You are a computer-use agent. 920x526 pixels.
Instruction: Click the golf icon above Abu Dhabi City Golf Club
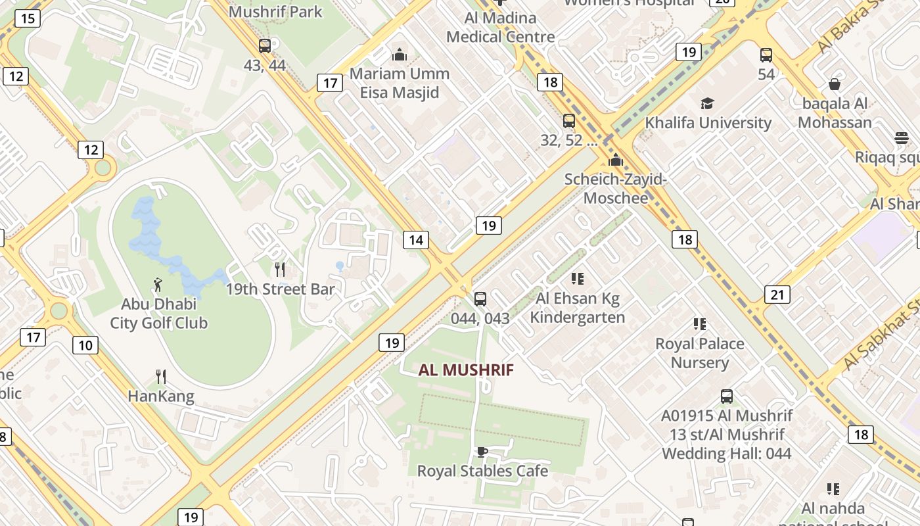[x=157, y=285]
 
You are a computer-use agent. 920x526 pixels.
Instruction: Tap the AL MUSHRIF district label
[x=466, y=370]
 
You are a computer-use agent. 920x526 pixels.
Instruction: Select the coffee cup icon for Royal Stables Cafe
[x=482, y=452]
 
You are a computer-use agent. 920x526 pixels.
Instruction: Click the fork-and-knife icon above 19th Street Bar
[x=280, y=269]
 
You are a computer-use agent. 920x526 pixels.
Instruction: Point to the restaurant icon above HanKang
[x=161, y=376]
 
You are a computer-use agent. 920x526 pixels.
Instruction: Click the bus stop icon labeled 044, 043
[x=480, y=299]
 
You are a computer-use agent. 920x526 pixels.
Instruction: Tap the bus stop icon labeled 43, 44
[x=265, y=46]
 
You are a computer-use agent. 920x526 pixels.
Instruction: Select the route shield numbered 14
[x=416, y=240]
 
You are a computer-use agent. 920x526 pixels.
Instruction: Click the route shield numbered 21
[x=777, y=294]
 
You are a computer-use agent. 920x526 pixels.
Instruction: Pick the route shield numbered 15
[x=28, y=18]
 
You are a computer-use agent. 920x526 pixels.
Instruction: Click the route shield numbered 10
[x=85, y=345]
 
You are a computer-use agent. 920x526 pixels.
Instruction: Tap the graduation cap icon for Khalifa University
[x=707, y=103]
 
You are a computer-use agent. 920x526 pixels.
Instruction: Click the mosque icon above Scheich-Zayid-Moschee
[x=616, y=160]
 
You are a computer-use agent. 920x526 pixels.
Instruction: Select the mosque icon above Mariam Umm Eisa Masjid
[x=399, y=54]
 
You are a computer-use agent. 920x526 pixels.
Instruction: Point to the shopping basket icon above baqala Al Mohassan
[x=834, y=84]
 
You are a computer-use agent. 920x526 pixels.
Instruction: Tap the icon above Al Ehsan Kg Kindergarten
[x=577, y=279]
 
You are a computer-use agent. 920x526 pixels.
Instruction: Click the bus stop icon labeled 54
[x=766, y=55]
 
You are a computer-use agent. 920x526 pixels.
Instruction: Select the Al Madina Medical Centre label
[x=501, y=27]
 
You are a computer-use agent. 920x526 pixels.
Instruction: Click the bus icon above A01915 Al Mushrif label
[x=726, y=396]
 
